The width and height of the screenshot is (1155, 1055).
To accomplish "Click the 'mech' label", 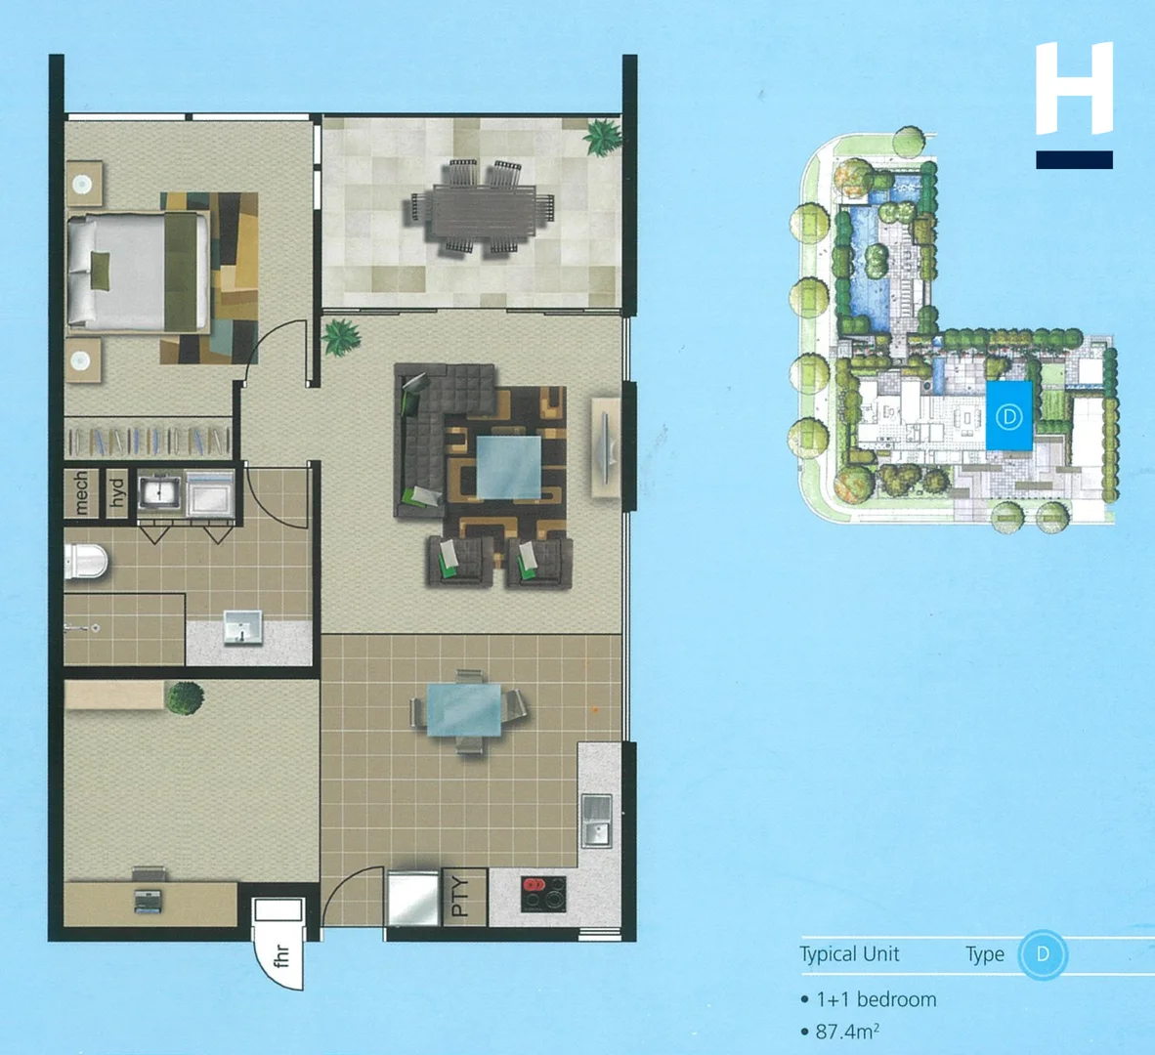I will pos(81,492).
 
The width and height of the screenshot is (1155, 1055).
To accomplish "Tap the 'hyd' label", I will pos(115,492).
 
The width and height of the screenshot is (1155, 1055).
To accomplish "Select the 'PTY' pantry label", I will pos(461,895).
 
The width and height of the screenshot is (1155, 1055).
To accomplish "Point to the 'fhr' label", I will pos(281,955).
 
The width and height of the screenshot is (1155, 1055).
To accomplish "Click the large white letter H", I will pos(1074,88).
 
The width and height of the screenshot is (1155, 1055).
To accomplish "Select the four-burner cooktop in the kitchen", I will pos(542,893).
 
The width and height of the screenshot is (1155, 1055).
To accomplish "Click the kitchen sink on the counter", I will pos(595,821).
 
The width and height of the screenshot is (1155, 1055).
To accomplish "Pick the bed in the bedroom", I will pos(137,271).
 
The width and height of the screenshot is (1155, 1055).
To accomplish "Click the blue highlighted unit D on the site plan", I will pos(1008,417).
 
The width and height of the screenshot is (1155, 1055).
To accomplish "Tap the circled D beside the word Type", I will pos(1043,954).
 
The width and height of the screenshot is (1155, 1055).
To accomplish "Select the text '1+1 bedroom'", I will pos(876,999).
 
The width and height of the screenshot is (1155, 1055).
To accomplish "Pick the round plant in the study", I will pos(184,697).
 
